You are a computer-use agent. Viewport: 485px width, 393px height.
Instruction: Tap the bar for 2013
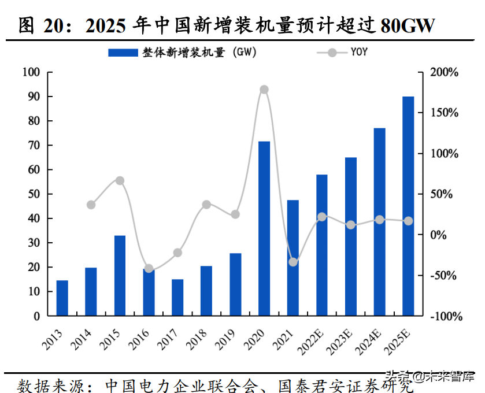point(62,298)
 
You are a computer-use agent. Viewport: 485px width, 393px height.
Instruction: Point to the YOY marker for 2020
point(264,90)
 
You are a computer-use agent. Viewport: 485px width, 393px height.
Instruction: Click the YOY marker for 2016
point(149,269)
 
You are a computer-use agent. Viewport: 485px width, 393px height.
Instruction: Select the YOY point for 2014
point(91,205)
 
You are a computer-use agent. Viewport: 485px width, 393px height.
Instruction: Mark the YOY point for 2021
point(293,262)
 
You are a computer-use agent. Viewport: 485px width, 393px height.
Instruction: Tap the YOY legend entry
point(358,53)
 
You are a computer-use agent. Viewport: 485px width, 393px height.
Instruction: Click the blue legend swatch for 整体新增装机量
point(123,53)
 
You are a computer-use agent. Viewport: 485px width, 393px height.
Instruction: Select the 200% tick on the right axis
point(444,72)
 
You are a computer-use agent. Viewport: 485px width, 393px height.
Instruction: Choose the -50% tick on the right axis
point(444,276)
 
